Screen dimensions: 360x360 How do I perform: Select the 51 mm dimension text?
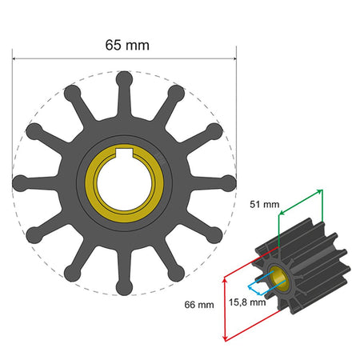[x=265, y=204]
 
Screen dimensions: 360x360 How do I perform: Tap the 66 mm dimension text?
[x=199, y=305]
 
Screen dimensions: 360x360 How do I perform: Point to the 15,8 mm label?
[x=247, y=302]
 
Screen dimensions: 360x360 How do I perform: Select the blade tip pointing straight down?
[x=125, y=286]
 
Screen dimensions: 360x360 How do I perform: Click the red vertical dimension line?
[x=226, y=307]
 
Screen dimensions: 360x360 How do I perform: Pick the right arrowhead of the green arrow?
[x=321, y=191]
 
